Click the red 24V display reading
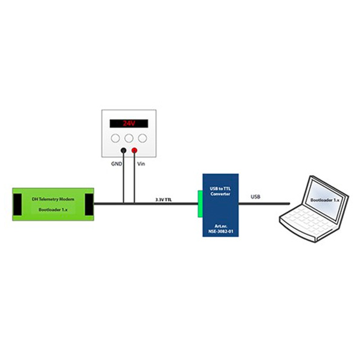coord(128,123)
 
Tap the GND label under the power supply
coord(117,163)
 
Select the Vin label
coord(141,163)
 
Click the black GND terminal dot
coord(123,150)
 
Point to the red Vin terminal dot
coord(133,150)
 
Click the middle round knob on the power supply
coord(128,138)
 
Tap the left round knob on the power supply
coord(115,138)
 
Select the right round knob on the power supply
coord(142,138)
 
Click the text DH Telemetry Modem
coord(53,198)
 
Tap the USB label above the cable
coord(256,197)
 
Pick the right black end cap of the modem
coord(88,204)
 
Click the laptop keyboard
coord(305,227)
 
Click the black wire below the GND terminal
coord(123,178)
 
